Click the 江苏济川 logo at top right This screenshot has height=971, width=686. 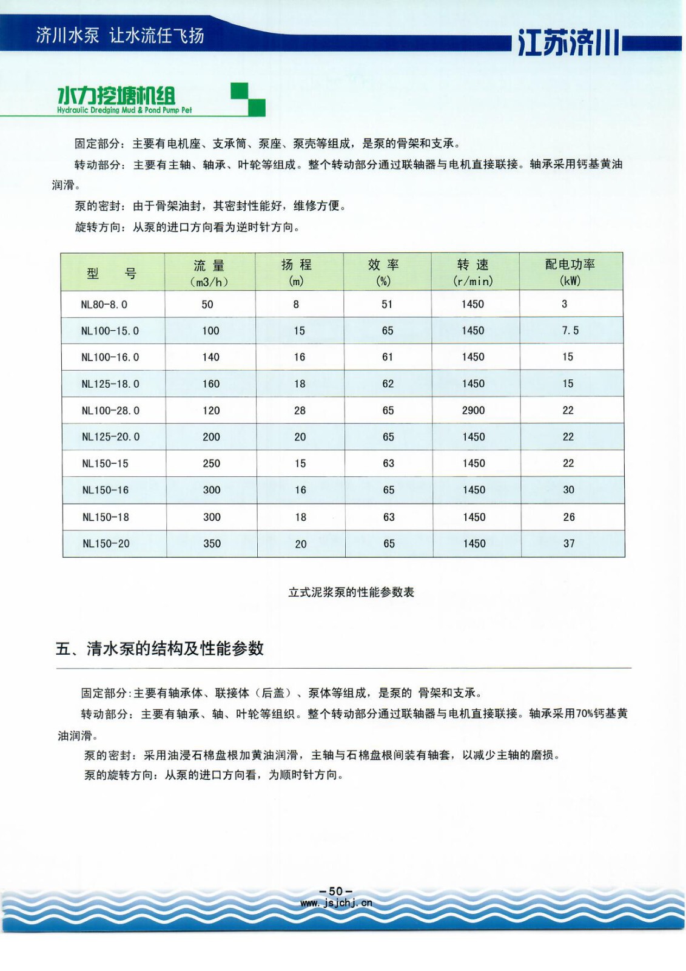[569, 42]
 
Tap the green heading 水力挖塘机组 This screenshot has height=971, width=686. [116, 96]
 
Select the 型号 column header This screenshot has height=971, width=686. [112, 273]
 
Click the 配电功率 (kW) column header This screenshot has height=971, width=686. [570, 272]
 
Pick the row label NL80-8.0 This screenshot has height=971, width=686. [104, 305]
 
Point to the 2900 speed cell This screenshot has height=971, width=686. [473, 410]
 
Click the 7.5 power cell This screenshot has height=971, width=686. [570, 331]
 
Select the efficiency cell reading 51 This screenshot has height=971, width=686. [387, 304]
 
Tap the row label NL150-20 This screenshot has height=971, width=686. [106, 544]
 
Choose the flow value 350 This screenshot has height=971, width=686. [212, 544]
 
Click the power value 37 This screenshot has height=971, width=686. [569, 544]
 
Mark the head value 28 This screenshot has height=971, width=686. [300, 410]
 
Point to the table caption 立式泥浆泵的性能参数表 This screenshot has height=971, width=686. [351, 592]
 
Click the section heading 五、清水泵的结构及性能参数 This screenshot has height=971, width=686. [160, 648]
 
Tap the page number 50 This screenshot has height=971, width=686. [335, 891]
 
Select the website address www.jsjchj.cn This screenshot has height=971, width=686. [336, 902]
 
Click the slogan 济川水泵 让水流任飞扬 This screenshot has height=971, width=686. [120, 35]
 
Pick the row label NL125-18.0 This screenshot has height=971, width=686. [110, 384]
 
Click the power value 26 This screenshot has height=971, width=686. [569, 517]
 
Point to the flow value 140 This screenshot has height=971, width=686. [210, 357]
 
